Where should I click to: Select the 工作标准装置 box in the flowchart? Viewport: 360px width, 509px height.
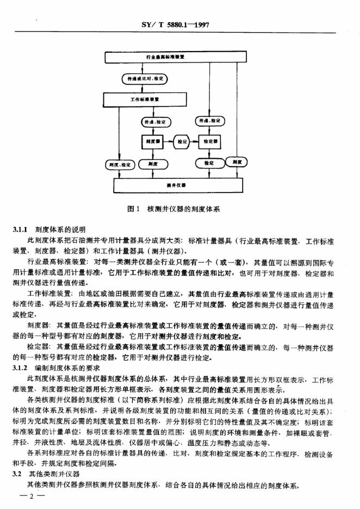pyautogui.click(x=144, y=100)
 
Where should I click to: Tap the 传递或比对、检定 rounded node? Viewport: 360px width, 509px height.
pyautogui.click(x=144, y=78)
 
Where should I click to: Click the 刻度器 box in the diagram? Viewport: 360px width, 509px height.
pyautogui.click(x=152, y=141)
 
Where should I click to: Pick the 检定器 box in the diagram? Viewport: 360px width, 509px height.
pyautogui.click(x=210, y=141)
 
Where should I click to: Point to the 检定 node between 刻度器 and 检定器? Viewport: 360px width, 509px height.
pyautogui.click(x=182, y=141)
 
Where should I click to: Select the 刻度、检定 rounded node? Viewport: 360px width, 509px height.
pyautogui.click(x=118, y=164)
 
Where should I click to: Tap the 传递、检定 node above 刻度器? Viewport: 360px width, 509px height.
pyautogui.click(x=152, y=121)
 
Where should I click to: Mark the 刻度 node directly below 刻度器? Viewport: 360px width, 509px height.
pyautogui.click(x=152, y=164)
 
